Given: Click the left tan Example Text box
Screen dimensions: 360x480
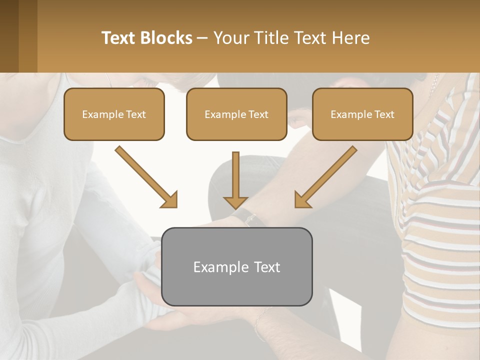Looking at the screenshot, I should click(114, 114).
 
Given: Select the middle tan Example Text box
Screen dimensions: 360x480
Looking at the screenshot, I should click(236, 114).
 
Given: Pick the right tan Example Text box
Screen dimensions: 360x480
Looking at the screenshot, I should click(362, 114).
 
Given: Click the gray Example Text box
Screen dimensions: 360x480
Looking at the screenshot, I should click(236, 266).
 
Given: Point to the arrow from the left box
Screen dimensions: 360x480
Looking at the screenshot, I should click(145, 176).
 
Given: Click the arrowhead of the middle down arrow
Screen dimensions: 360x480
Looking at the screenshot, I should click(235, 202).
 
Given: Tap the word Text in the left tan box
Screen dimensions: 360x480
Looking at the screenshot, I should click(135, 114).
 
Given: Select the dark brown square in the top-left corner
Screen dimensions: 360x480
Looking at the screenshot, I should click(9, 36).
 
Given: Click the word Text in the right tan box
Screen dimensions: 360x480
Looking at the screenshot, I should click(384, 114).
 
